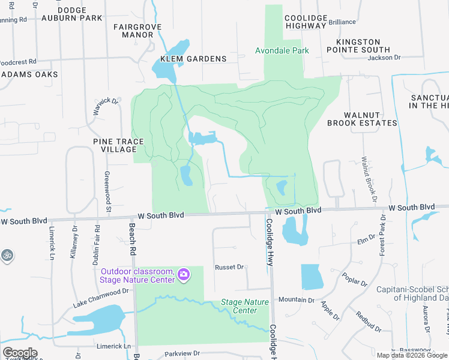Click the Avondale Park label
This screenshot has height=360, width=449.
(x=282, y=50)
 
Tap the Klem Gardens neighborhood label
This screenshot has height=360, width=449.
(x=193, y=59)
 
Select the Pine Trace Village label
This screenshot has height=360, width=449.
(x=119, y=145)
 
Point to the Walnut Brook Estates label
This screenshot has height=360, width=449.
(x=362, y=119)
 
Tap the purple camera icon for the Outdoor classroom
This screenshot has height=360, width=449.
(x=184, y=275)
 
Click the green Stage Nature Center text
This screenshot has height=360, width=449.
(x=245, y=306)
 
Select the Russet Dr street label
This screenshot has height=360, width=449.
(x=229, y=266)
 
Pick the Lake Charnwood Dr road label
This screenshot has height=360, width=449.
(x=101, y=297)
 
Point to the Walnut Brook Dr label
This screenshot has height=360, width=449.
(x=368, y=179)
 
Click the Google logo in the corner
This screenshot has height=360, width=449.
(x=20, y=353)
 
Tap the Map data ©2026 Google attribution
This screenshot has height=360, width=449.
(x=412, y=355)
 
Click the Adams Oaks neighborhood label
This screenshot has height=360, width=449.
(x=29, y=74)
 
